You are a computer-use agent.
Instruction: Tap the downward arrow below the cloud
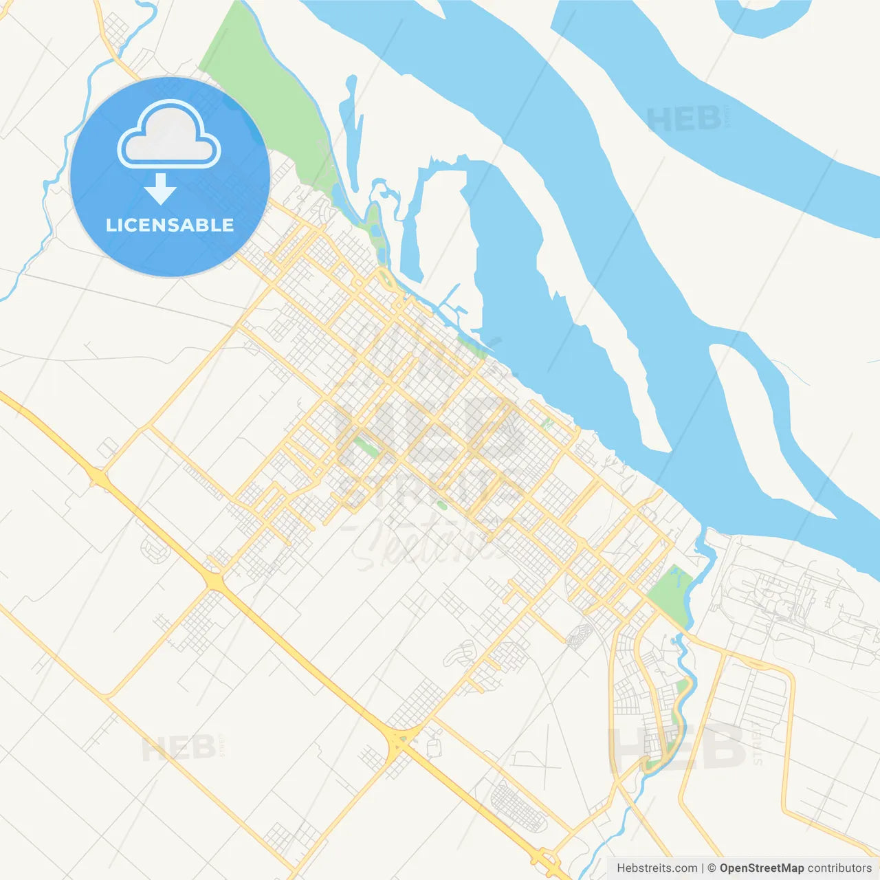point(160,189)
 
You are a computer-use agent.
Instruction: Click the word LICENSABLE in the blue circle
point(170,225)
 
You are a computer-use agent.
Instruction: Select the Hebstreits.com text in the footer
point(657,868)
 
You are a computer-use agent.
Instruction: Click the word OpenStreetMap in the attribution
point(762,868)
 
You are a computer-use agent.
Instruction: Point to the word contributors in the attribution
point(839,868)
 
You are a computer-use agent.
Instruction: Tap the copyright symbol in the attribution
point(712,868)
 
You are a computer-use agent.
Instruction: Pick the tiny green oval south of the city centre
point(442,505)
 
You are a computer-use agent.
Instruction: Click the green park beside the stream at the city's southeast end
point(671,591)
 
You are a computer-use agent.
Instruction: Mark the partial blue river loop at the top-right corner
point(763,17)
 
